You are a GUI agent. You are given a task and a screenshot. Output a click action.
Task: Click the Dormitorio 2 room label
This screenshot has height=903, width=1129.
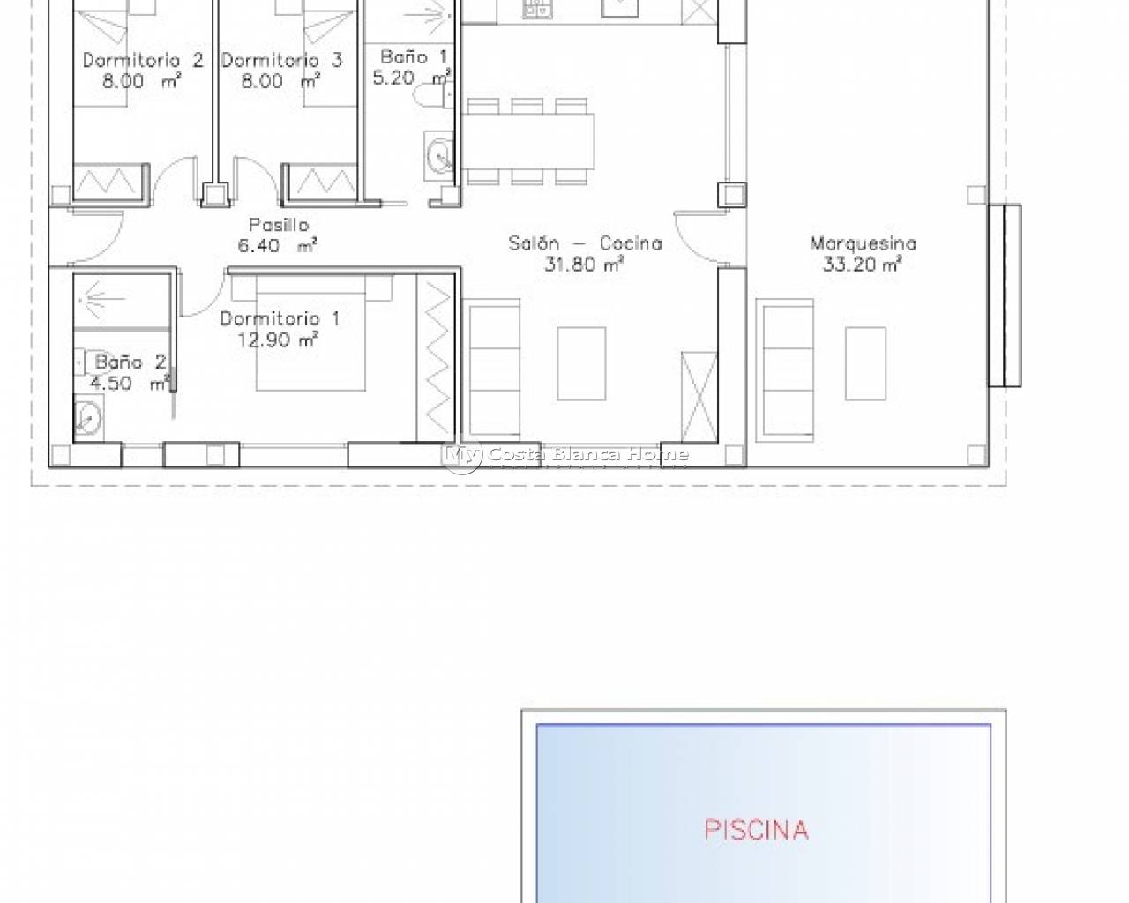(143, 60)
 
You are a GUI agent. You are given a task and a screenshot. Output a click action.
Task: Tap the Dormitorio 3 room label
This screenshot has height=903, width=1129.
(281, 60)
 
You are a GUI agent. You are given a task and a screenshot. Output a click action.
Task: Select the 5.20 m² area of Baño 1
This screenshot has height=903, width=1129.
(412, 78)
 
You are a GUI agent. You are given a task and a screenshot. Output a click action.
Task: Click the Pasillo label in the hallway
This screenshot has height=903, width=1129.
(279, 225)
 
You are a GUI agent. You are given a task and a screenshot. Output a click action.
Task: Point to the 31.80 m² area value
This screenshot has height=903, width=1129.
(584, 264)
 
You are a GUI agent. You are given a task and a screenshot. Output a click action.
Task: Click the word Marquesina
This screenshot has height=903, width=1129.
(863, 243)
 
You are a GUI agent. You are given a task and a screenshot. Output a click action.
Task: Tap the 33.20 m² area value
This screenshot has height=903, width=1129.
(863, 264)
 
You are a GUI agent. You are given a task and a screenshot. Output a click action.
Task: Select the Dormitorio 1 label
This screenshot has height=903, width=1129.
(280, 318)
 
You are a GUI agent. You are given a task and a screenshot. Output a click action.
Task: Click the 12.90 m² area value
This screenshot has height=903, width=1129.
(278, 340)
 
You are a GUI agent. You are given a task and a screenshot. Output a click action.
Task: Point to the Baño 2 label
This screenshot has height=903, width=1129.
(131, 362)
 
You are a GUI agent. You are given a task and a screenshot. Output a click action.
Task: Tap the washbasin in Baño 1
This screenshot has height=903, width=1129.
(438, 156)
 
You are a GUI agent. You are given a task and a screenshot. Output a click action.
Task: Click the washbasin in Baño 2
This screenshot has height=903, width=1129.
(89, 418)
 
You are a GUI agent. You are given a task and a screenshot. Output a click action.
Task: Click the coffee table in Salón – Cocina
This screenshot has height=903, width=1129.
(581, 363)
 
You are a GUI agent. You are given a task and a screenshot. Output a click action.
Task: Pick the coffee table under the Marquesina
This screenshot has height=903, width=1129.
(865, 363)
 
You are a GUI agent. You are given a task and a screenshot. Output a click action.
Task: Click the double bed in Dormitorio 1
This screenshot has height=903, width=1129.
(310, 333)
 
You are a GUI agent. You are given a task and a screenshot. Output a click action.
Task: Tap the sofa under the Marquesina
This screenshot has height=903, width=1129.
(785, 370)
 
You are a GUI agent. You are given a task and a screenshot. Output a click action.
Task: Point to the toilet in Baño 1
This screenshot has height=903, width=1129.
(433, 96)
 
